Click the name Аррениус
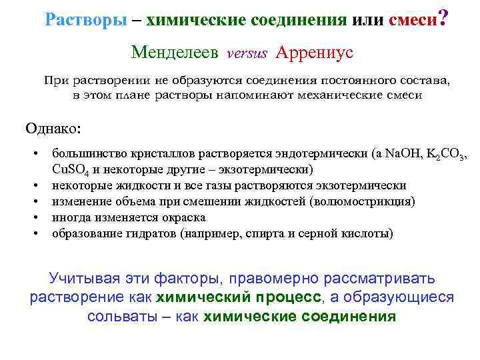[x=314, y=52]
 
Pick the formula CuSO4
[x=70, y=170]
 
